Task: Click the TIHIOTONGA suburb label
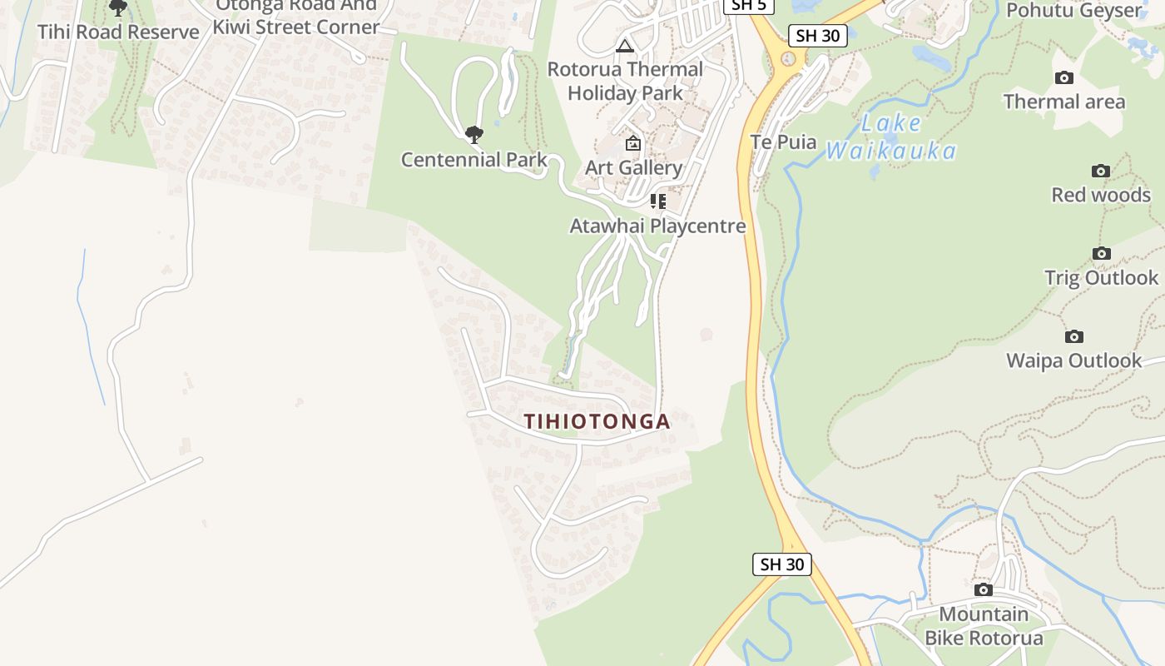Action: (x=597, y=421)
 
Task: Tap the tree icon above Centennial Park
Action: (x=473, y=134)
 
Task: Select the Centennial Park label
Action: (x=473, y=160)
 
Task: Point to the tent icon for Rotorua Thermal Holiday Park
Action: (x=624, y=46)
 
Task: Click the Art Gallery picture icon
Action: (x=632, y=144)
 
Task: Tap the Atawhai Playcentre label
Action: (x=657, y=226)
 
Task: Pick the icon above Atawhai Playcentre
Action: (x=657, y=201)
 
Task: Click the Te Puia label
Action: (x=783, y=142)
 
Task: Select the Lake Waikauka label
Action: (x=891, y=137)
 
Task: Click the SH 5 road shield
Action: (x=748, y=5)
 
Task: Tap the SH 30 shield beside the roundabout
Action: (x=818, y=35)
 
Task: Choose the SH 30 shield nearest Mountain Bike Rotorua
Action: (x=782, y=564)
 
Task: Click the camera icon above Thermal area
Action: (x=1063, y=78)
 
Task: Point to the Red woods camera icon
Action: (x=1100, y=171)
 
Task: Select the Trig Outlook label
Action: (x=1101, y=277)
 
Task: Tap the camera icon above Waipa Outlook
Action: (x=1073, y=337)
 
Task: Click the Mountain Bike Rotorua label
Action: (x=984, y=626)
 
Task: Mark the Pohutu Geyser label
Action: (x=1073, y=11)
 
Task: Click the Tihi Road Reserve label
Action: (x=118, y=32)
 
